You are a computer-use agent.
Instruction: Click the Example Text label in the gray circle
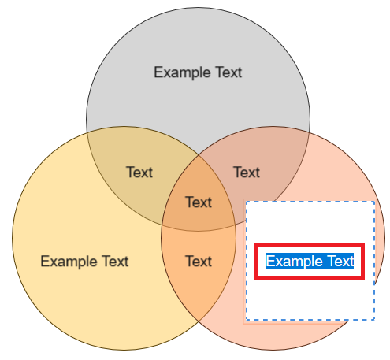tap(198, 72)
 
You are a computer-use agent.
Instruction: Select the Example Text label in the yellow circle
tap(84, 262)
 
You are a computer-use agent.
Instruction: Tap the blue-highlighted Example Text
tap(310, 262)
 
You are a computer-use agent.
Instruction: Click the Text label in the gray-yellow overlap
tap(139, 173)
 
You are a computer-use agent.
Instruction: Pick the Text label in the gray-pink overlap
tap(247, 173)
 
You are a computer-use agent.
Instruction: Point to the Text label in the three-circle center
tap(199, 202)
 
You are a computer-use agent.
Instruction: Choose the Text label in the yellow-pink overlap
tap(199, 262)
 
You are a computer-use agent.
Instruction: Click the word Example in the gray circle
tap(182, 72)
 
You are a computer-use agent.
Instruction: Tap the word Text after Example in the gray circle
tap(228, 72)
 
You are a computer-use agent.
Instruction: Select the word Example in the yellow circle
tap(69, 262)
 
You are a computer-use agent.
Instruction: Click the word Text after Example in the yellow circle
tap(115, 261)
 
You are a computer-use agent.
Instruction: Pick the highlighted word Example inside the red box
tap(294, 262)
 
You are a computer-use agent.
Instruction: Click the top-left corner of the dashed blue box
tap(247, 202)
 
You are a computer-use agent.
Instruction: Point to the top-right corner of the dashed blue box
tap(374, 202)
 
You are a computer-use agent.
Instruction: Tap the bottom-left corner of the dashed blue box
tap(247, 320)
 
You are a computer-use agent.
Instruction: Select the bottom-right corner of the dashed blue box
tap(374, 320)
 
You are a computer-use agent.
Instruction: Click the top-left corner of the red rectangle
tap(256, 244)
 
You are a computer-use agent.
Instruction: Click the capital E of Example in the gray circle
tap(158, 72)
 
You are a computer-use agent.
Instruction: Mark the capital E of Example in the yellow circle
tap(45, 261)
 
